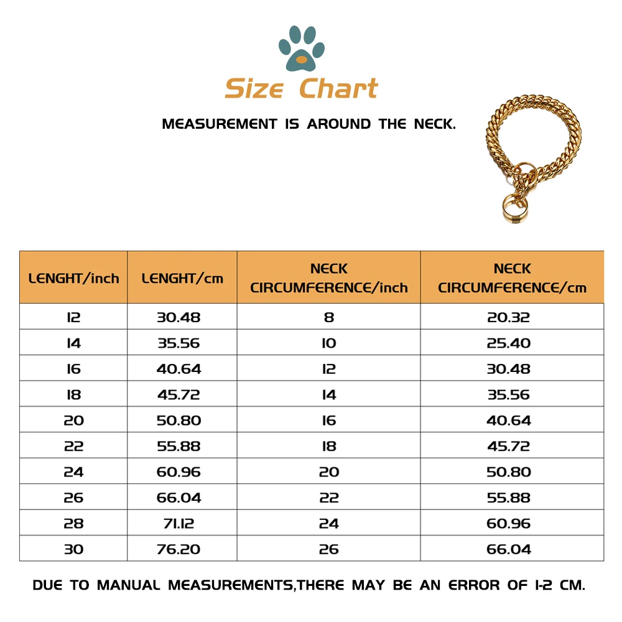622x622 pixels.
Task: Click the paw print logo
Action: tap(302, 47)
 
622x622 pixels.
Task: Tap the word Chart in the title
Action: tap(338, 89)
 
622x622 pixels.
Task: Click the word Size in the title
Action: tap(254, 89)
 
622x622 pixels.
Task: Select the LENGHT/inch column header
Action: tap(73, 278)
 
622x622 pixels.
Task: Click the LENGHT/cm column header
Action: tap(182, 278)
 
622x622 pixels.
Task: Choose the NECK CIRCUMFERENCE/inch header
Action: tap(329, 278)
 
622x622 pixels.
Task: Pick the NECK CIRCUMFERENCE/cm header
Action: tap(512, 278)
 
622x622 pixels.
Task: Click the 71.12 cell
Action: tap(179, 524)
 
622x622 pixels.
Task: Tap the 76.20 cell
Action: tap(179, 549)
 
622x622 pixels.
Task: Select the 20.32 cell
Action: tap(508, 317)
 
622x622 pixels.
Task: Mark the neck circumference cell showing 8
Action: tap(329, 317)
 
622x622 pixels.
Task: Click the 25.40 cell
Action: tap(508, 343)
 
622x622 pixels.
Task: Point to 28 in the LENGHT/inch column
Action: tap(73, 524)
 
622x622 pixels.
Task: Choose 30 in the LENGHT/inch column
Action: tap(73, 549)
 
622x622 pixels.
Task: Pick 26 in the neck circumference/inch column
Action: tap(329, 549)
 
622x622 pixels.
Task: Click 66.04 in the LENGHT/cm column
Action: tap(179, 498)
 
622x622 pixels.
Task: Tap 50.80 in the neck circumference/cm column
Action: tap(508, 472)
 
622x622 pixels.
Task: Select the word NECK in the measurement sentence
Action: tap(435, 124)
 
